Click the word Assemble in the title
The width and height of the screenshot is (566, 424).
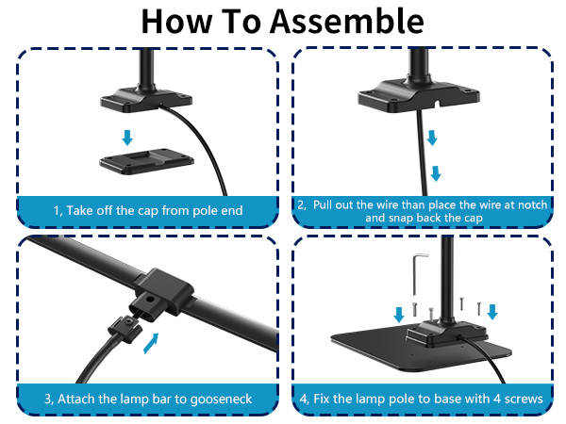point(347,22)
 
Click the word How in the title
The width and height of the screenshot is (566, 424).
point(176,22)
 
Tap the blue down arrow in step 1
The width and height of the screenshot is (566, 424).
point(127,138)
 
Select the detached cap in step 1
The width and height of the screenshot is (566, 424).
point(146,161)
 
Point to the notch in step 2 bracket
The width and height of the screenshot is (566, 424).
point(437,104)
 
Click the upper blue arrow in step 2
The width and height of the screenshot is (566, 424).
point(432,139)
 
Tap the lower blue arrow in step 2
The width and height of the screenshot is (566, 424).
point(436,173)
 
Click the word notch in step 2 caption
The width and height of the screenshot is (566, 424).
point(532,204)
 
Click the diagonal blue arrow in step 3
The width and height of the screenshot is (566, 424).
point(151,343)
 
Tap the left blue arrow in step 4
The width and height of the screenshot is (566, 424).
point(399,315)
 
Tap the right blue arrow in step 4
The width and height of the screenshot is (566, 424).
point(492,312)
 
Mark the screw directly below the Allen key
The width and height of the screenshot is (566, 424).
point(415,309)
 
